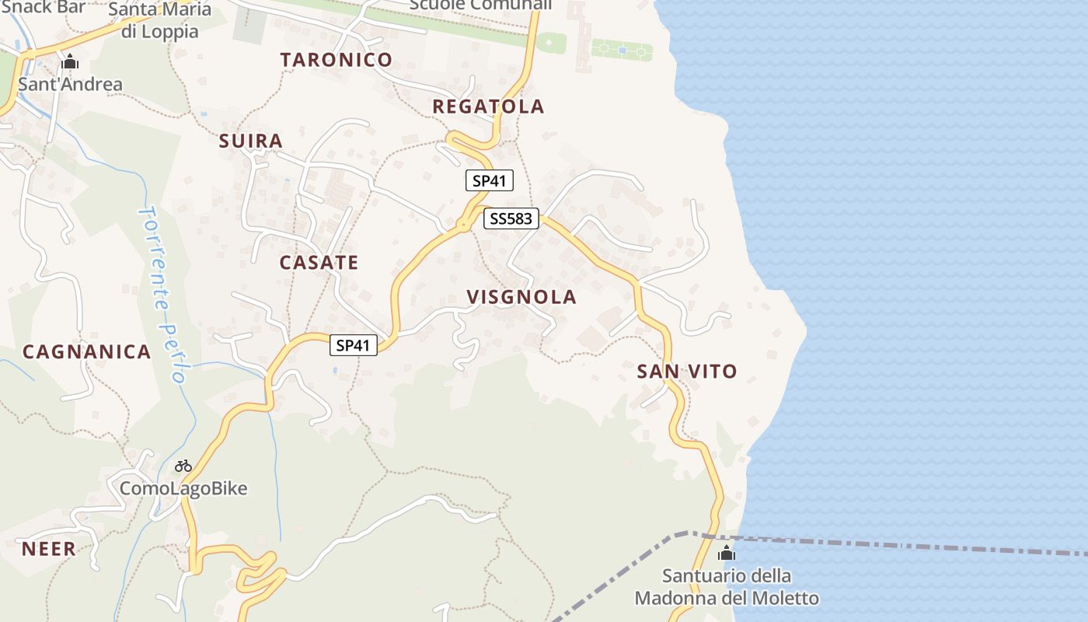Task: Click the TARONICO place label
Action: [x=337, y=60]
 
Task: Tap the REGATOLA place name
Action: [x=488, y=107]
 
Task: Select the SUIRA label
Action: [x=250, y=141]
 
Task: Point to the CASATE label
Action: [x=319, y=262]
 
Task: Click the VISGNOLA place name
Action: [x=521, y=296]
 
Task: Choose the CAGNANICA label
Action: [x=86, y=351]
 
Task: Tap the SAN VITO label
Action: [x=687, y=371]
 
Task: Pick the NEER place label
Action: [x=48, y=548]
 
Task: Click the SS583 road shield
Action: [x=511, y=218]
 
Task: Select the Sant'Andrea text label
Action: [x=70, y=84]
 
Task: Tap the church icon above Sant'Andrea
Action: [x=70, y=61]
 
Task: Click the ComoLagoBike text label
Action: [x=183, y=488]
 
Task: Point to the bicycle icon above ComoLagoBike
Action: [x=183, y=466]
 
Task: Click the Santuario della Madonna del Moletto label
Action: [x=727, y=587]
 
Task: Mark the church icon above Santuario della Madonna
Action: [x=727, y=554]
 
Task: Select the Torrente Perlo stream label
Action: [x=163, y=294]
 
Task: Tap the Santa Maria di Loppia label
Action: [x=159, y=20]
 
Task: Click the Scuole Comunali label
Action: [x=480, y=5]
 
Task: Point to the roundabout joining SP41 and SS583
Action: [x=463, y=225]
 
